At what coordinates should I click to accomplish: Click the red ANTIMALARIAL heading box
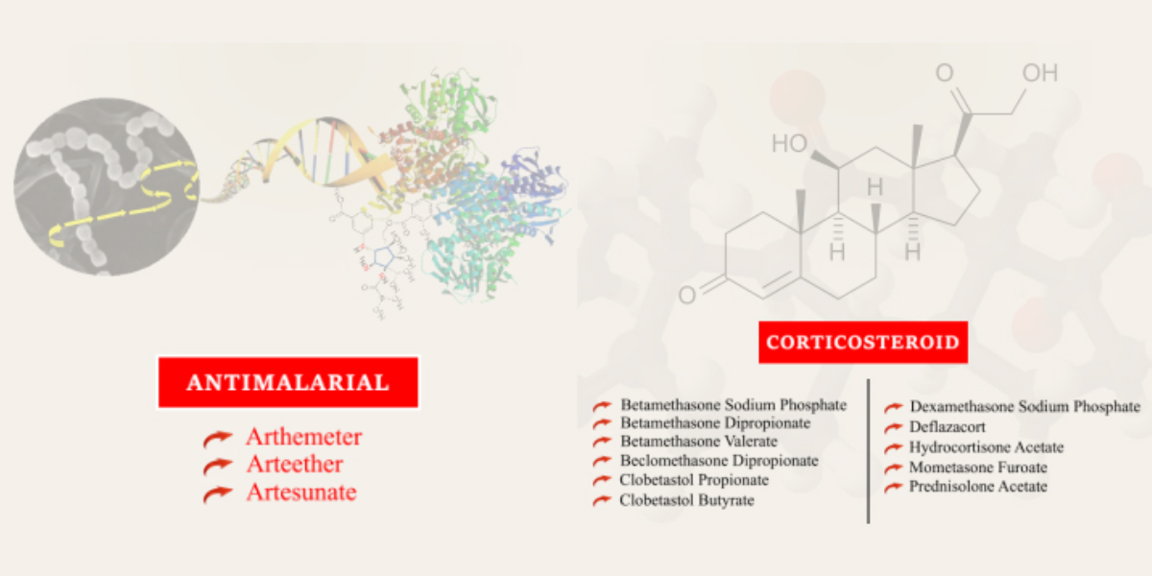point(288,382)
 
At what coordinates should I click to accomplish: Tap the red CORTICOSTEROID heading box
point(863,342)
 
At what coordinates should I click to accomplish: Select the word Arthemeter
point(304,437)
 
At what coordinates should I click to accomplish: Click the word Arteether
point(295,465)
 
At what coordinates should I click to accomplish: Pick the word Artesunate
point(301,492)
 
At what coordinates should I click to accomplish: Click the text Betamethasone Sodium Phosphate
point(733,405)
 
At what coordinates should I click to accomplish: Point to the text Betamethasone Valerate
point(699,442)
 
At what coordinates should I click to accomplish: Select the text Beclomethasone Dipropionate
point(719,460)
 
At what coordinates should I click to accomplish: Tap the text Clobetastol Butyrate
point(686,500)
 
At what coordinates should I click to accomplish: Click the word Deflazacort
point(948,427)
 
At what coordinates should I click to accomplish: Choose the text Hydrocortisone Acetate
point(987,447)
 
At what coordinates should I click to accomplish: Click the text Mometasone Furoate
point(978,468)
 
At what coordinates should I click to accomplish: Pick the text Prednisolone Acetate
point(978,487)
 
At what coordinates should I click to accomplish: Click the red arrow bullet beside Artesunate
point(218,493)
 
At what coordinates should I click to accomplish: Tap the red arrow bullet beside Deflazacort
point(894,427)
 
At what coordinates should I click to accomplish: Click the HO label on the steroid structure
point(789,143)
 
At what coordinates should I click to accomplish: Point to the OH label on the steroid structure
point(1040,73)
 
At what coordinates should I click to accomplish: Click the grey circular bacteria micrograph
point(107,186)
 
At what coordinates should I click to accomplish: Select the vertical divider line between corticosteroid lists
point(868,451)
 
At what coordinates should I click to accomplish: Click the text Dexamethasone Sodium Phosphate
point(1025,407)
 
